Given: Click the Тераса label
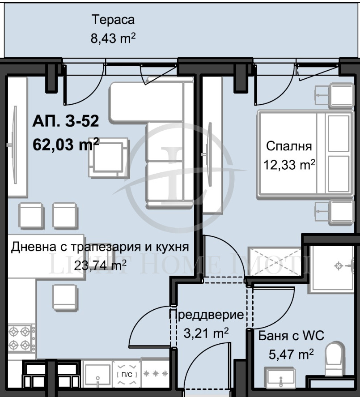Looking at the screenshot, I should (113, 20).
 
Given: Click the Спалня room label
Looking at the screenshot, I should (289, 146).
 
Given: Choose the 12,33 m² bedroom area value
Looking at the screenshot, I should (289, 165).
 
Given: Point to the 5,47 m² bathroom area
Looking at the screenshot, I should (284, 354).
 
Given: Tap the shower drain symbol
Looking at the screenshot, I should (339, 266).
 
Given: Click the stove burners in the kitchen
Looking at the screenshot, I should (21, 338).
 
